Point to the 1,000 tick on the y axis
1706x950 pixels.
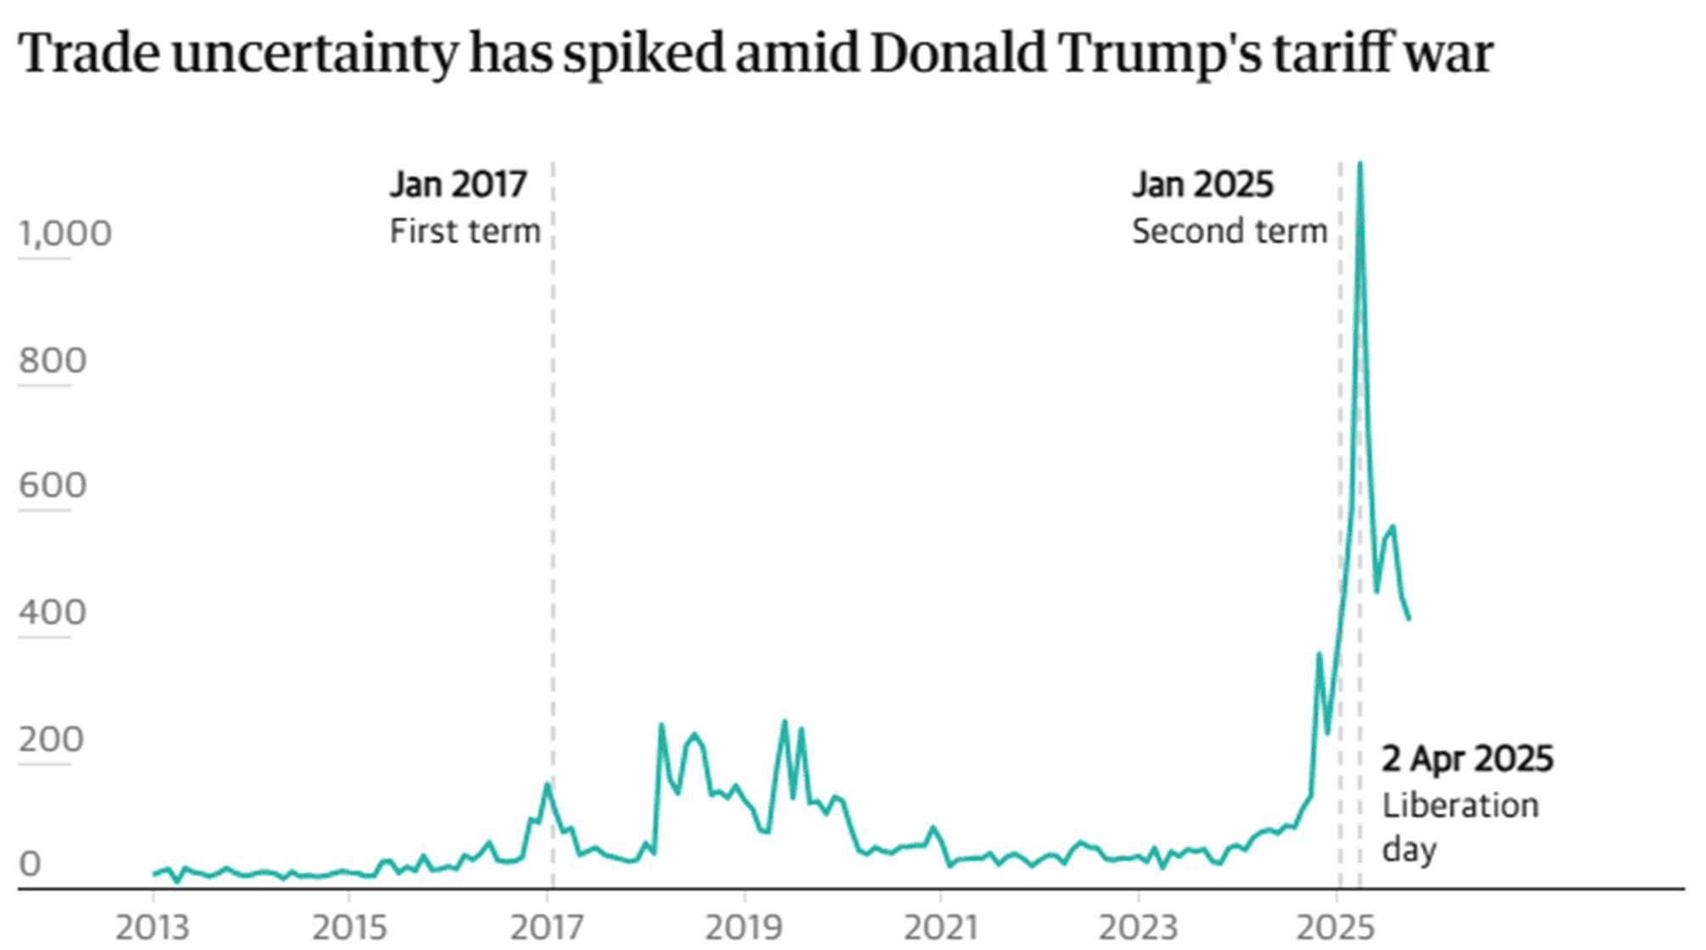65,233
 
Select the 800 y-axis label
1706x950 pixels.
53,361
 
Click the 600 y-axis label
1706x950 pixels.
53,486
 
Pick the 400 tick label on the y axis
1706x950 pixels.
53,612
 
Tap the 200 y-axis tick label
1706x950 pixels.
52,739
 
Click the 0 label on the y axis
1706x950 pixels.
31,864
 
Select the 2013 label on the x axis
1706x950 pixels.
153,928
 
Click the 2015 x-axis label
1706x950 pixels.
349,928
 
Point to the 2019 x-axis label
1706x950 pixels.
743,928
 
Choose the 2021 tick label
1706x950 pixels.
941,928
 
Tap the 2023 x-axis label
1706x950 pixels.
1138,928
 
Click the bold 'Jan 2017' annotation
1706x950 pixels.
459,184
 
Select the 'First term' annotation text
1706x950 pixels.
465,231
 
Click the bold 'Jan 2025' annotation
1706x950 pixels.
1202,184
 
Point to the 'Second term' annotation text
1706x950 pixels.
1229,231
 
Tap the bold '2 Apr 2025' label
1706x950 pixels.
1467,759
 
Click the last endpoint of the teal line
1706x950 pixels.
1409,619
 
